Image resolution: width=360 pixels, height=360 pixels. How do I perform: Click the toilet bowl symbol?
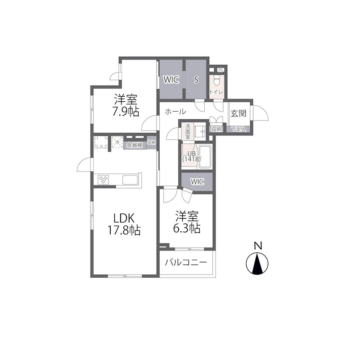[217, 80]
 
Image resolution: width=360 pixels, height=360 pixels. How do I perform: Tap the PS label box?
[220, 70]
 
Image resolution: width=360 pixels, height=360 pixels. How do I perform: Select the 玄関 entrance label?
[238, 113]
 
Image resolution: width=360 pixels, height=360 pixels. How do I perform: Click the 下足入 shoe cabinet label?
[238, 129]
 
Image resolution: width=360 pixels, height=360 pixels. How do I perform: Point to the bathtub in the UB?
[206, 157]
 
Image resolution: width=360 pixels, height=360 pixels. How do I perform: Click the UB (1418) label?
[192, 157]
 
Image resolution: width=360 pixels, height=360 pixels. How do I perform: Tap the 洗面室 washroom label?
[188, 132]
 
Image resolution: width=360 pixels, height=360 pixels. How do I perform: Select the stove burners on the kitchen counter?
[103, 179]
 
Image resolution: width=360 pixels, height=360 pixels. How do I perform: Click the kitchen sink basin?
[130, 180]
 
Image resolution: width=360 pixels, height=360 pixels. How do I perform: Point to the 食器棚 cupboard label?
[135, 145]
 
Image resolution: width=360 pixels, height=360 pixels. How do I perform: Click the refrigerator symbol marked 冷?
[117, 142]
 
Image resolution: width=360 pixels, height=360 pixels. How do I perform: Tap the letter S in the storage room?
[196, 80]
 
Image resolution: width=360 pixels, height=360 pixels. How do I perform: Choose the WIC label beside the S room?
[171, 80]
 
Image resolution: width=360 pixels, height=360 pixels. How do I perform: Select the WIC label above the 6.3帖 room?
[197, 182]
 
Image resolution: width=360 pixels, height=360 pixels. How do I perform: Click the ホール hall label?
[175, 112]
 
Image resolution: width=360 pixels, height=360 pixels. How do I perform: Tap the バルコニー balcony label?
[186, 262]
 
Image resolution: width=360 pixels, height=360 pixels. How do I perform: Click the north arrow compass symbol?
[257, 263]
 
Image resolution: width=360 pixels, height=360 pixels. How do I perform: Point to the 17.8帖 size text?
[124, 230]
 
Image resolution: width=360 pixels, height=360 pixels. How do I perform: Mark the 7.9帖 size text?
[126, 112]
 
